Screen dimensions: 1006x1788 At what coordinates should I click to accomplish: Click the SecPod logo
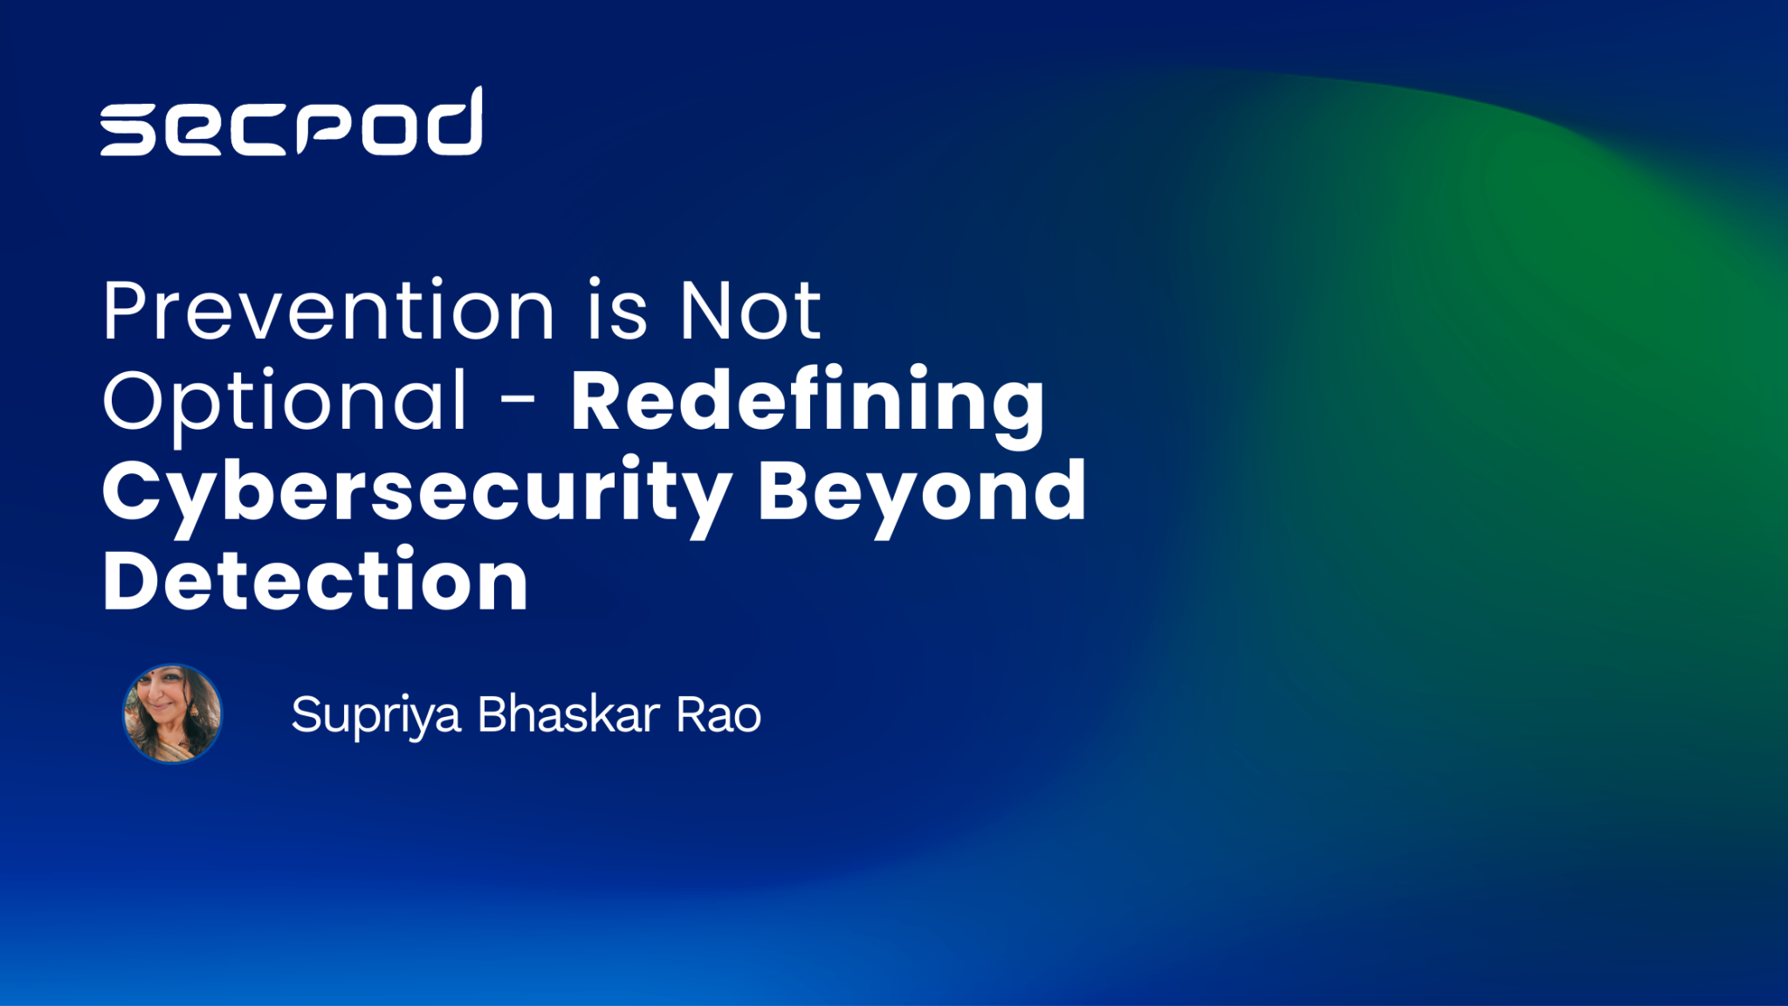pyautogui.click(x=291, y=123)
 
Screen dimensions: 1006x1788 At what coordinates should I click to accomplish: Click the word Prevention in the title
pyautogui.click(x=328, y=312)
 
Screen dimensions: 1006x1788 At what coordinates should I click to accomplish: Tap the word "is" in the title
pyautogui.click(x=616, y=312)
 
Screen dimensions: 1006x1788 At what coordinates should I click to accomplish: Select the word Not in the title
pyautogui.click(x=749, y=312)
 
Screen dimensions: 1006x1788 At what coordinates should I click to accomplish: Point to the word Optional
pyautogui.click(x=285, y=402)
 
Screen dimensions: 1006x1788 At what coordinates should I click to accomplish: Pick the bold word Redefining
pyautogui.click(x=807, y=402)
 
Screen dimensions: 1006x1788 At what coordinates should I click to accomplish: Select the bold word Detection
pyautogui.click(x=315, y=582)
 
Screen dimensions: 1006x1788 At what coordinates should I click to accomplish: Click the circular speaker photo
pyautogui.click(x=173, y=713)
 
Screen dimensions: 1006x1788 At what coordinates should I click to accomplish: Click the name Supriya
pyautogui.click(x=375, y=716)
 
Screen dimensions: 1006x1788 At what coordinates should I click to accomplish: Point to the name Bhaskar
pyautogui.click(x=568, y=714)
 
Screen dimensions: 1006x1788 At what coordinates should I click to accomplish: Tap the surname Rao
pyautogui.click(x=719, y=714)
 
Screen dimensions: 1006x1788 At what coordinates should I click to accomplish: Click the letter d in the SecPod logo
pyautogui.click(x=453, y=123)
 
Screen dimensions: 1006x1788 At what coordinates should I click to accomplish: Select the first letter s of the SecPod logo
pyautogui.click(x=127, y=130)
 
